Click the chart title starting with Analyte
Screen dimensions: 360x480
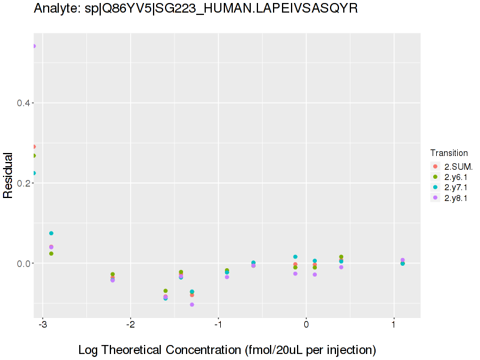(x=196, y=8)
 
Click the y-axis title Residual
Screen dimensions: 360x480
(x=8, y=175)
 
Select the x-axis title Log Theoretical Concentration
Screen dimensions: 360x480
(x=227, y=350)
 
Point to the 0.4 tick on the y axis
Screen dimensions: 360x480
(x=24, y=103)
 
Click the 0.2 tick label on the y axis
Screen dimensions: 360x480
(x=24, y=184)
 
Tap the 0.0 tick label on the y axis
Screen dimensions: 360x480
(x=24, y=263)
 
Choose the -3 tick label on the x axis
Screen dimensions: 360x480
(x=43, y=325)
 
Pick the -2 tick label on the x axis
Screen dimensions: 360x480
(x=130, y=325)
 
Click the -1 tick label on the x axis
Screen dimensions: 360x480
(x=218, y=325)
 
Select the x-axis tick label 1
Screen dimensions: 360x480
(x=394, y=325)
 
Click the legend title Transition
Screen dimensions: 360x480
(x=449, y=153)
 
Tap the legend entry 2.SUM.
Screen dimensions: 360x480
(x=458, y=166)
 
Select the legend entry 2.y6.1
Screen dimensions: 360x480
(x=456, y=177)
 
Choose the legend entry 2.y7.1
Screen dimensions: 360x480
(x=456, y=188)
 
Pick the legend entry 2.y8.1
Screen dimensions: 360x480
(x=456, y=199)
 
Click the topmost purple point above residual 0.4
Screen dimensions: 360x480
(x=34, y=46)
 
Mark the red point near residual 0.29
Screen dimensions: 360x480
(x=34, y=146)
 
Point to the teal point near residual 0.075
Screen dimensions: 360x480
(x=51, y=233)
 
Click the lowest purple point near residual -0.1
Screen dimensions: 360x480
(x=192, y=305)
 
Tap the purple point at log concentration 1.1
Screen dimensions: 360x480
(x=403, y=260)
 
